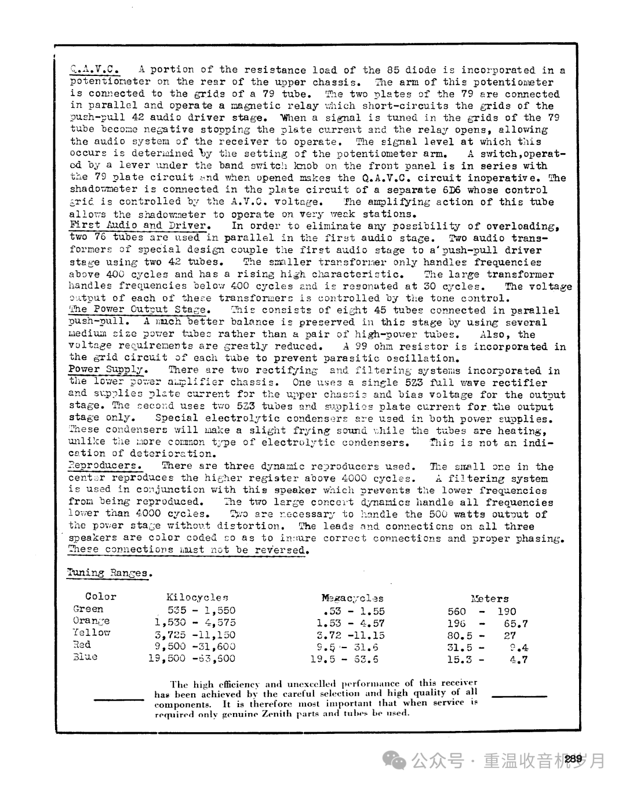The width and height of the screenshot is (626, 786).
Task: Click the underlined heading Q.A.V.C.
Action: (94, 70)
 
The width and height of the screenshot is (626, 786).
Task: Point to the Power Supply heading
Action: (108, 369)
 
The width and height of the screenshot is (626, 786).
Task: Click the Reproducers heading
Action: (105, 465)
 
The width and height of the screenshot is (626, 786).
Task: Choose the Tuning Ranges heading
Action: (110, 573)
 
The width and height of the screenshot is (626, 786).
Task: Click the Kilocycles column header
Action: (197, 597)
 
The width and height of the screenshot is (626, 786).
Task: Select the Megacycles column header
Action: (352, 598)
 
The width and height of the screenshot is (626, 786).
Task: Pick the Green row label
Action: (89, 609)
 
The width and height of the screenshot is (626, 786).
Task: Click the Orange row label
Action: (92, 621)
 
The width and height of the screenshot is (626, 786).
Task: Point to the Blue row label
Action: (85, 657)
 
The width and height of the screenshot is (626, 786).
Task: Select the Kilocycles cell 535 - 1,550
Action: (201, 610)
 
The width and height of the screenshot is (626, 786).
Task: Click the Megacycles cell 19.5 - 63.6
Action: (344, 659)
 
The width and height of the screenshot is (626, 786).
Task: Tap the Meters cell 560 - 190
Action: (481, 612)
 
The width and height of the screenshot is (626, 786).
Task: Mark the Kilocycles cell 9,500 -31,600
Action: (195, 646)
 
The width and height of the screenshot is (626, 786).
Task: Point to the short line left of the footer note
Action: (119, 700)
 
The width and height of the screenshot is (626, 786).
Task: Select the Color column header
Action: (101, 596)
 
